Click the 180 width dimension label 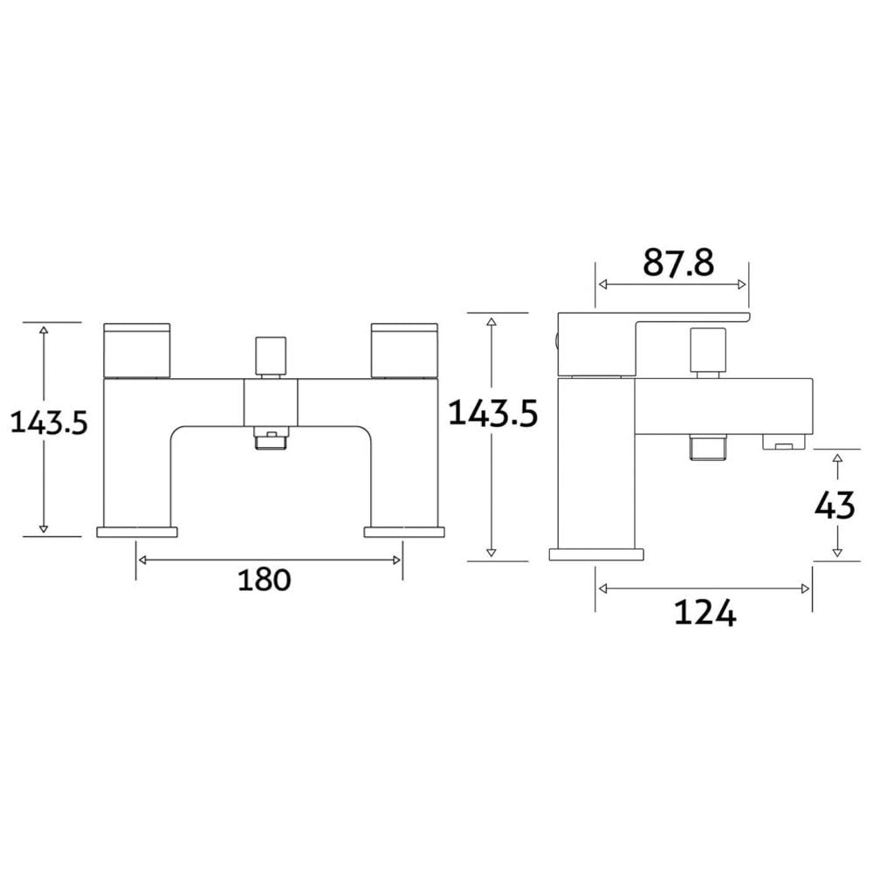(x=265, y=581)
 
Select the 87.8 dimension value (x=678, y=263)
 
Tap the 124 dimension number (x=705, y=613)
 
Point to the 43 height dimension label (x=834, y=506)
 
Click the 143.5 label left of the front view (x=49, y=422)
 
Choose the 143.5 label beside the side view (x=492, y=413)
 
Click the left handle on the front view (x=137, y=350)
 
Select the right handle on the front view (x=404, y=350)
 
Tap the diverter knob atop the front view (x=271, y=356)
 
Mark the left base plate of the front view (x=137, y=532)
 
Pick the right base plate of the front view (x=404, y=532)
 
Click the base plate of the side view (x=596, y=554)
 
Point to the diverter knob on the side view (x=708, y=350)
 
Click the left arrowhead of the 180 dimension (x=142, y=560)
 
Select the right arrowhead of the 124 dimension (x=805, y=589)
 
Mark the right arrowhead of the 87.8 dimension (x=741, y=285)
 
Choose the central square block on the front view (x=271, y=402)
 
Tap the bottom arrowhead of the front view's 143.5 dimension (x=44, y=528)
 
